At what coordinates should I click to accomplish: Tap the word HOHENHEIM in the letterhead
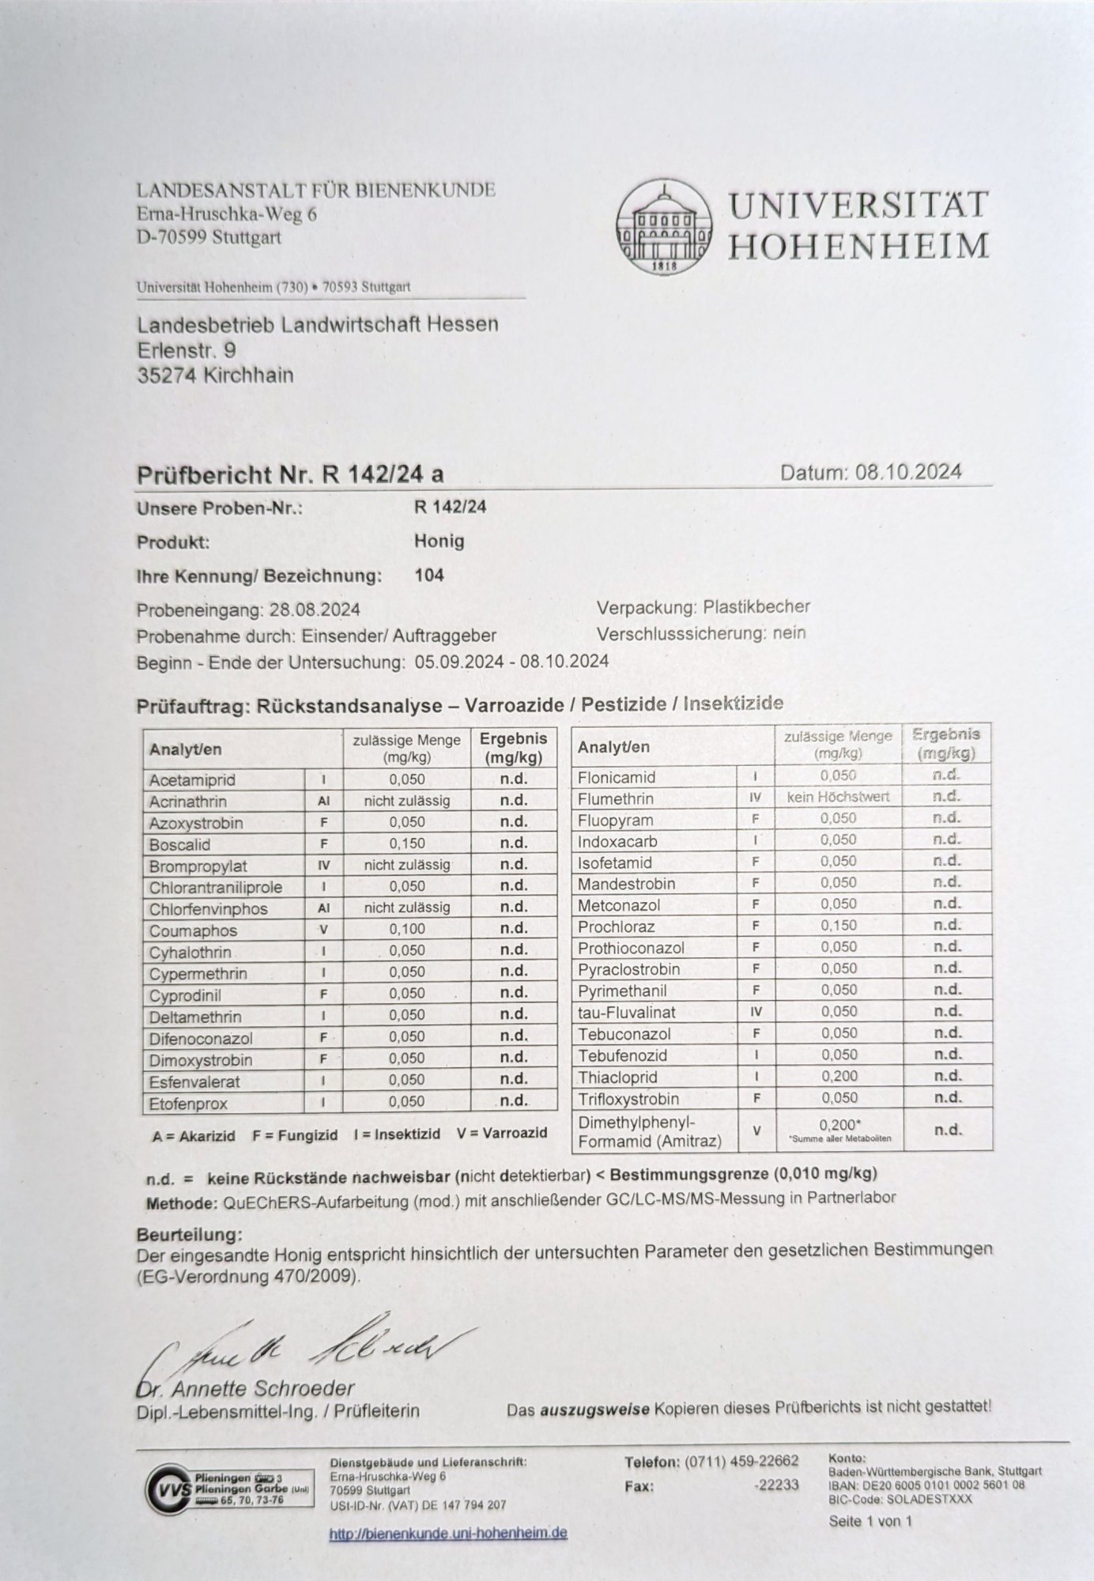pyautogui.click(x=858, y=247)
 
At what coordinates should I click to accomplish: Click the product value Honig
pyautogui.click(x=439, y=541)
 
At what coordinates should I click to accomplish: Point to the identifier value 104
pyautogui.click(x=429, y=575)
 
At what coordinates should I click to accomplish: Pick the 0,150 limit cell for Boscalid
pyautogui.click(x=406, y=844)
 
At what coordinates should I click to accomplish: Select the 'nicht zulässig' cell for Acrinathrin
pyautogui.click(x=406, y=801)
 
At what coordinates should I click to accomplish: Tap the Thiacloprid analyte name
pyautogui.click(x=617, y=1077)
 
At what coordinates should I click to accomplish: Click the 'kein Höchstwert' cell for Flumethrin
pyautogui.click(x=839, y=797)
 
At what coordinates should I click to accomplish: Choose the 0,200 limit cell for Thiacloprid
pyautogui.click(x=839, y=1076)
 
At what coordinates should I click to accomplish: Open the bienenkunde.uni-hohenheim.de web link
pyautogui.click(x=448, y=1533)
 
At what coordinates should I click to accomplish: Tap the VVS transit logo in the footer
pyautogui.click(x=226, y=1490)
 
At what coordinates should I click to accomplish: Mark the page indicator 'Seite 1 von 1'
pyautogui.click(x=870, y=1521)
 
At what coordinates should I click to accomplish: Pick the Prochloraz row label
pyautogui.click(x=616, y=926)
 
